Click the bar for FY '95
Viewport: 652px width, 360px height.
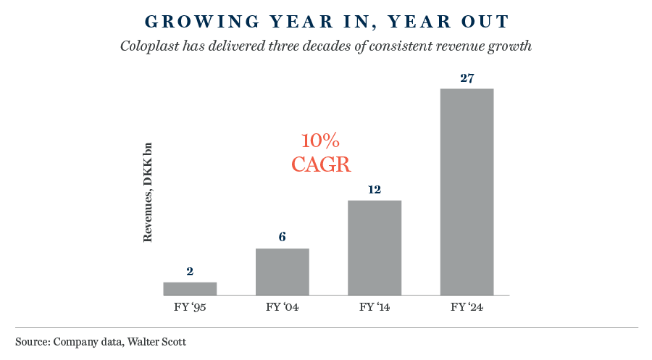(x=190, y=288)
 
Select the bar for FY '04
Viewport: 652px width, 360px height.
(x=283, y=272)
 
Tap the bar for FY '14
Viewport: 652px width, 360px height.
(x=375, y=247)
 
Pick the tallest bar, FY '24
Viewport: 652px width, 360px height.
(x=467, y=191)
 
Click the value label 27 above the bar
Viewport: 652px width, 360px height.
(x=467, y=78)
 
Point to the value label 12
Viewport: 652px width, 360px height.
(x=375, y=189)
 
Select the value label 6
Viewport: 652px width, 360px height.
(x=283, y=238)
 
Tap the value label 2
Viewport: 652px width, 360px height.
(x=190, y=272)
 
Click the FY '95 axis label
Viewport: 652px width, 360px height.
(x=190, y=307)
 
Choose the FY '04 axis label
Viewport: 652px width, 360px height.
(x=283, y=307)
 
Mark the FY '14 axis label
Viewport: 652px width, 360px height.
(x=375, y=307)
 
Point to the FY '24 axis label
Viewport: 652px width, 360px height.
(x=467, y=307)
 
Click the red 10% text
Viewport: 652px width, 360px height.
(x=321, y=140)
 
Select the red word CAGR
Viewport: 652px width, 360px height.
(x=321, y=164)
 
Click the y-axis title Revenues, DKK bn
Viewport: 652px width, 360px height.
(x=148, y=191)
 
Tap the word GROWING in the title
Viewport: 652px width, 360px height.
(x=180, y=21)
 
